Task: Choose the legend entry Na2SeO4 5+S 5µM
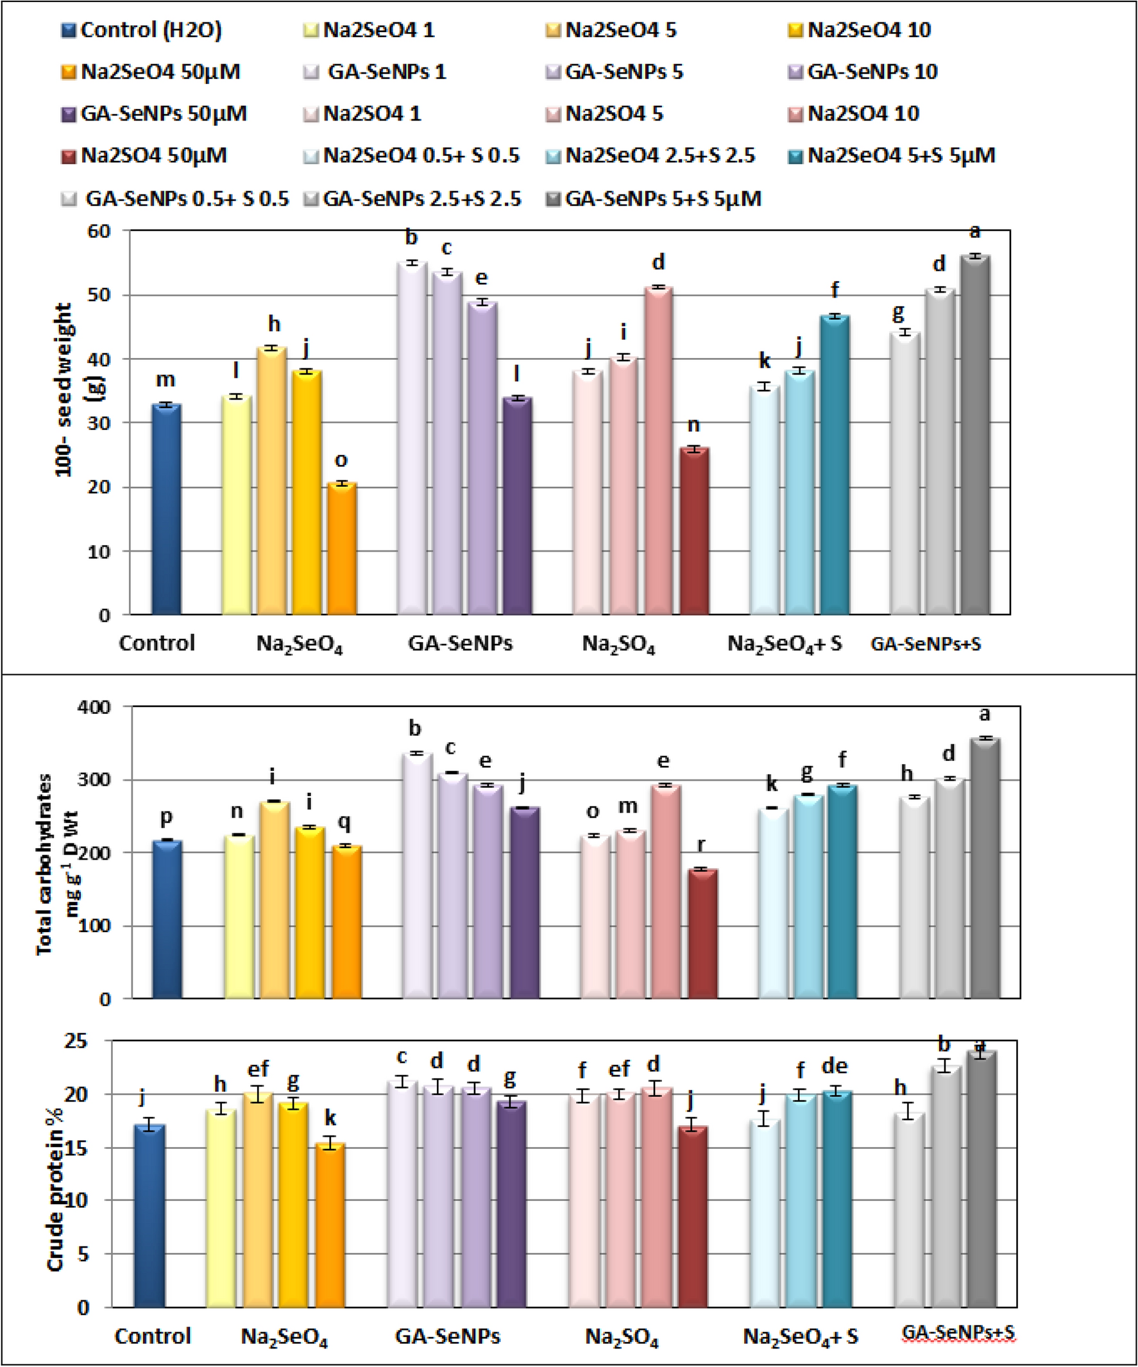(892, 156)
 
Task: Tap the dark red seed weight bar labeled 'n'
(694, 531)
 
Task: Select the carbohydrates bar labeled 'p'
(167, 919)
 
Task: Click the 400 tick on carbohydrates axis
(94, 707)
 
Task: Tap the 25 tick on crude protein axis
(77, 1041)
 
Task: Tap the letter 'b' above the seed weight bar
(411, 237)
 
